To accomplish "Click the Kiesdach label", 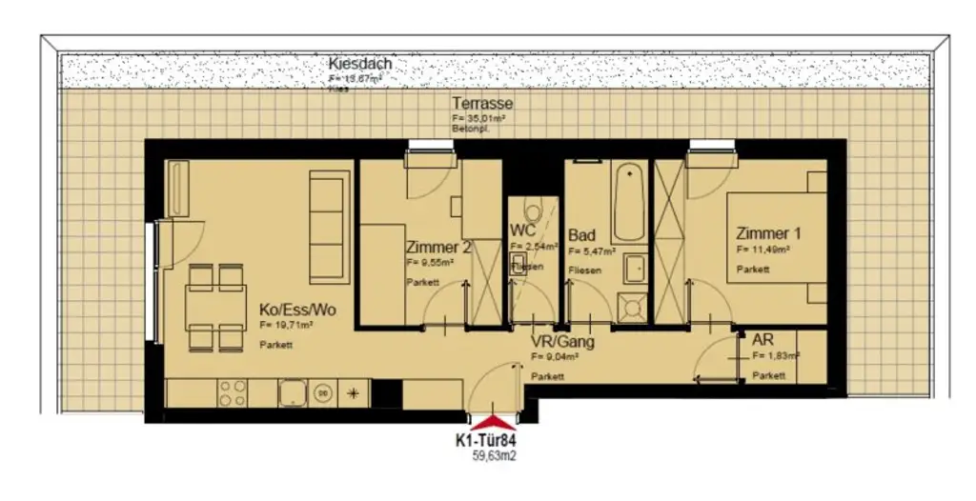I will pos(360,64).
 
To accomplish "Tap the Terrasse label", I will pos(483,104).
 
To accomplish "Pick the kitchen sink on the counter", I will pos(292,391).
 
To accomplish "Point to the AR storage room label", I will pos(762,340).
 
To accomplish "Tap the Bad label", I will pos(581,235).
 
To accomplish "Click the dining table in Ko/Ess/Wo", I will pos(215,308).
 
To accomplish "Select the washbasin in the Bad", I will pos(635,270).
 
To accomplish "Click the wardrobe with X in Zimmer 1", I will pos(669,240).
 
